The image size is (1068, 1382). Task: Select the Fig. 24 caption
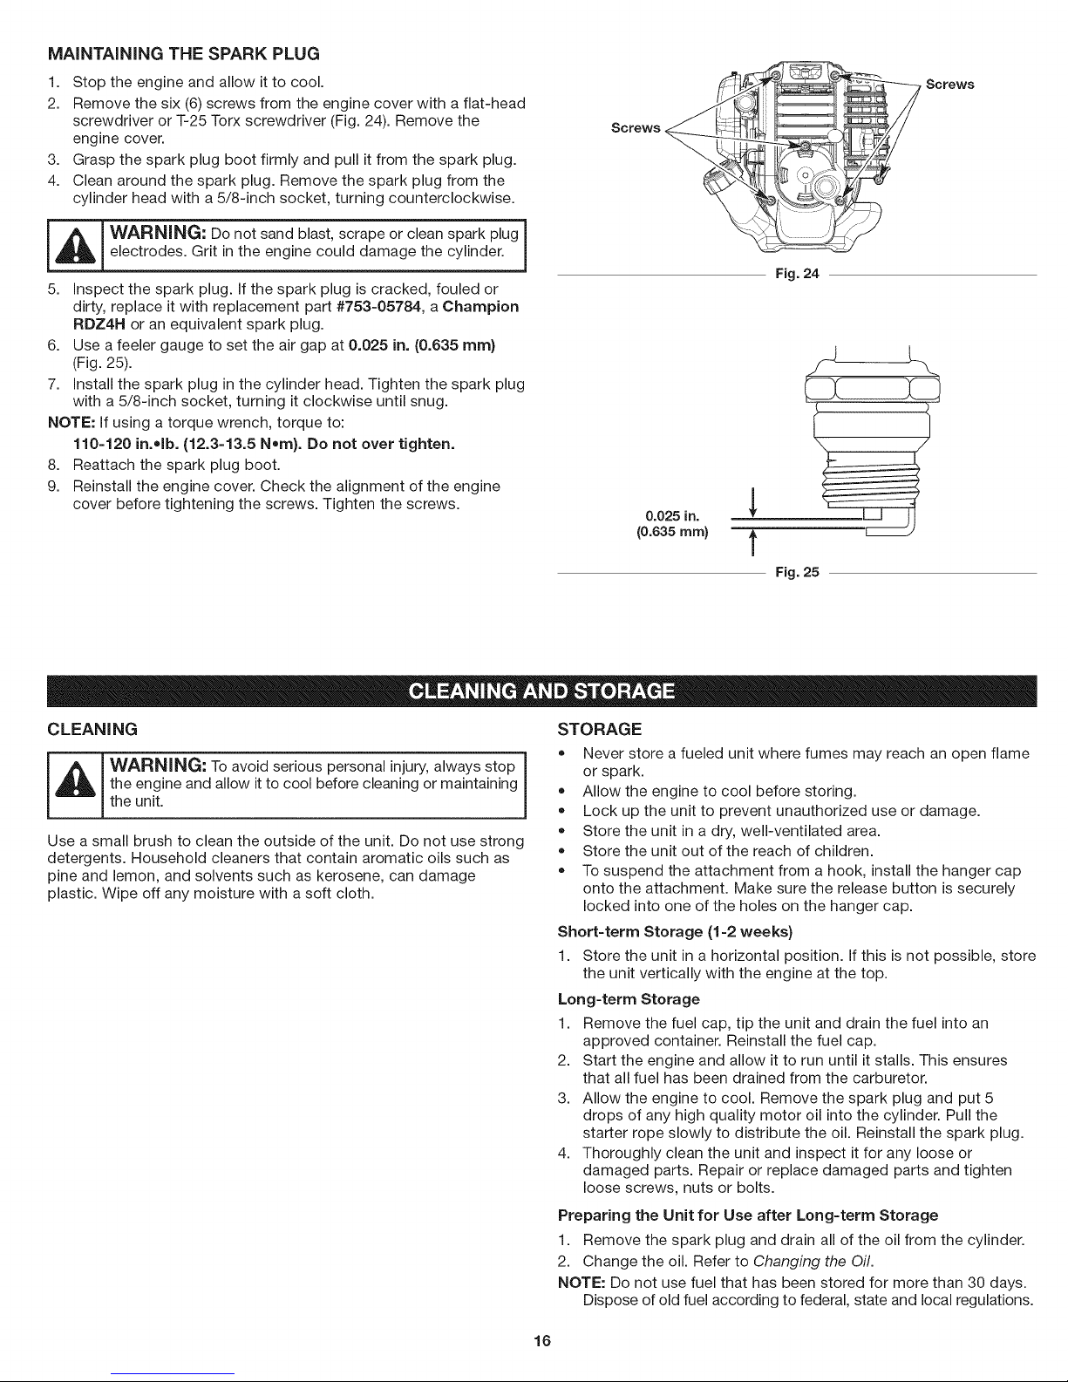pyautogui.click(x=797, y=275)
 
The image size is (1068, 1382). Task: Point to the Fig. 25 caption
pyautogui.click(x=797, y=573)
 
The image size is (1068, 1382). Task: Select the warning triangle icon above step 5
pyautogui.click(x=77, y=245)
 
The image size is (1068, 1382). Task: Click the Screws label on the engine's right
pyautogui.click(x=949, y=85)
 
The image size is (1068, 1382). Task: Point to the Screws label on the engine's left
pyautogui.click(x=636, y=128)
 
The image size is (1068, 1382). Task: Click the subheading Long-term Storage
pyautogui.click(x=628, y=998)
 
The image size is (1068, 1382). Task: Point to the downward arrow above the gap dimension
pyautogui.click(x=751, y=504)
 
